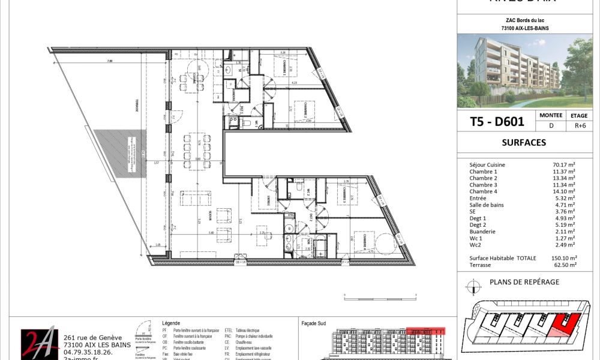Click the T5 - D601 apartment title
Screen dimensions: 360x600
496,121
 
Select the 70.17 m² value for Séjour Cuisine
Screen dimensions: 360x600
563,164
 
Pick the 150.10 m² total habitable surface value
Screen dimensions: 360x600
563,257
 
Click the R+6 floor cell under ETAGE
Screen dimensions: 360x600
579,126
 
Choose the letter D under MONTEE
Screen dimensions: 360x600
550,126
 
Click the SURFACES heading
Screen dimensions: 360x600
523,143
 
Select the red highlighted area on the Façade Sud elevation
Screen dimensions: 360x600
425,330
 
